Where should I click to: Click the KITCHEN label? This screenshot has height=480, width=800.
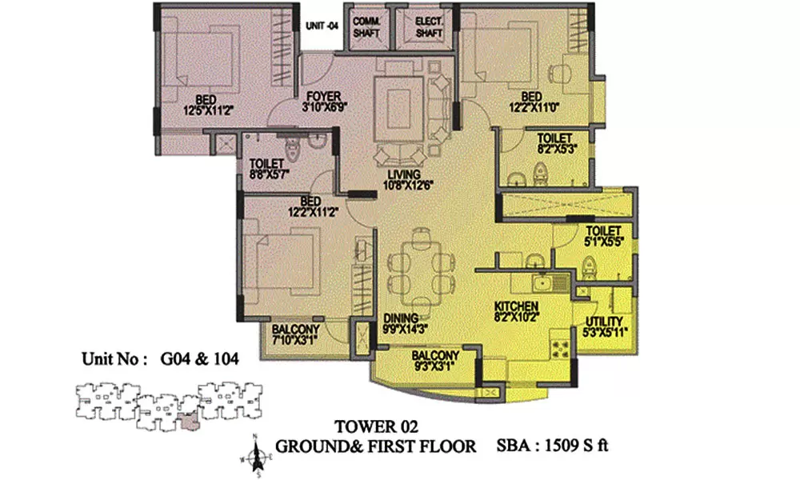point(515,306)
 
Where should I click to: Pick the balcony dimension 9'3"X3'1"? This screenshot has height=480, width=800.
point(434,367)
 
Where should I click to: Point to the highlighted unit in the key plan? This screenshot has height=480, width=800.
point(189,420)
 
